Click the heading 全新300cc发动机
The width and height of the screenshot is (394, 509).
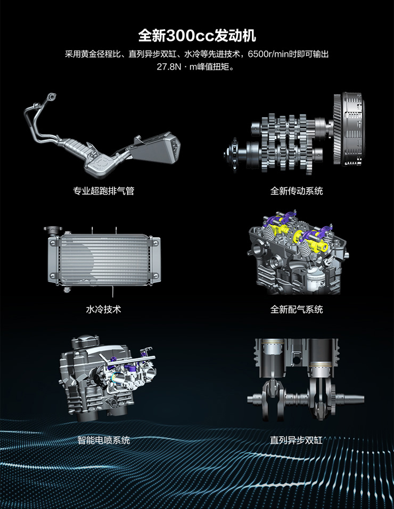[197, 36]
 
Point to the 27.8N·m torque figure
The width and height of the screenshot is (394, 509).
[177, 67]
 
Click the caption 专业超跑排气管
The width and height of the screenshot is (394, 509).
[103, 191]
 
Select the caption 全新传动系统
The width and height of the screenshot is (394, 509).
[297, 191]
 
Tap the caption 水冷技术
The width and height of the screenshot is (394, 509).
[103, 310]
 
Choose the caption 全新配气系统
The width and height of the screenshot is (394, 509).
[297, 310]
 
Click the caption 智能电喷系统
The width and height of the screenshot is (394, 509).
[103, 440]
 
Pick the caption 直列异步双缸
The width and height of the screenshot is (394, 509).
[297, 440]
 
